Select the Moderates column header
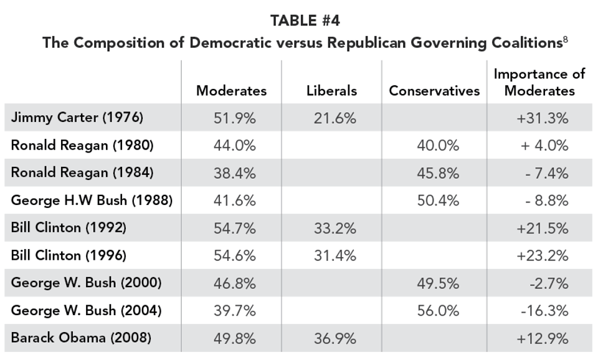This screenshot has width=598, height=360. pos(231,90)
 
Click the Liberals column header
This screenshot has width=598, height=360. pos(331,90)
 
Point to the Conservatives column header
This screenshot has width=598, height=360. pos(434,90)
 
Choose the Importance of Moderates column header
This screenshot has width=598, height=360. pos(539,82)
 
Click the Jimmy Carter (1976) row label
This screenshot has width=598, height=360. pos(77,118)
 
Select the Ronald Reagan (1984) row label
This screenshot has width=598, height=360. pos(82,173)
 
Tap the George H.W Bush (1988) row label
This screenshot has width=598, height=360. pos(92,201)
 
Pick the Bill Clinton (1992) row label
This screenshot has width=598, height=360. pos(69,228)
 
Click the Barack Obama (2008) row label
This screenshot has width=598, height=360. pos(81,338)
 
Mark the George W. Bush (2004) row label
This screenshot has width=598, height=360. pos(86,311)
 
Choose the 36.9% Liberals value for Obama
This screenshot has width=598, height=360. pos(331,338)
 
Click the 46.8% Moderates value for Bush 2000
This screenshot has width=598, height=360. pos(231,283)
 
